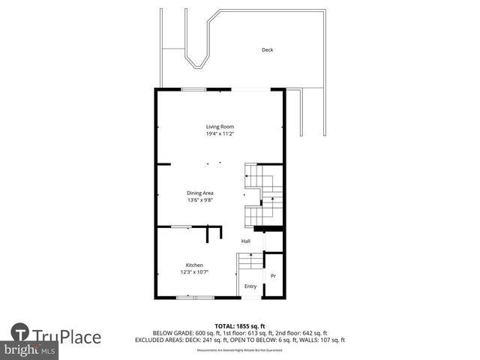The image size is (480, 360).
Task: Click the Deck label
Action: (x=267, y=50)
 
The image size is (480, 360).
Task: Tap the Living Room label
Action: (x=220, y=127)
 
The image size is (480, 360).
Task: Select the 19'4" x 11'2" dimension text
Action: (x=220, y=134)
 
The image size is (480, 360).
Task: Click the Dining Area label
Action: (x=200, y=193)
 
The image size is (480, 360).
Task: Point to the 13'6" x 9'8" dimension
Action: (x=200, y=201)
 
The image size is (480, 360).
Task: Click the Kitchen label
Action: (x=194, y=265)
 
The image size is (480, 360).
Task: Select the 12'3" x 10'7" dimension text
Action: (x=194, y=272)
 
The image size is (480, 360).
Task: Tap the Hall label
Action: (x=246, y=241)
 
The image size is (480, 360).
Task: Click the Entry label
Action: (x=250, y=286)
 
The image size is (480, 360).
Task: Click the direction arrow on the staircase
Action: (x=247, y=176)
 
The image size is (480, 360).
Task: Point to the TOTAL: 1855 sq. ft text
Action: (x=240, y=326)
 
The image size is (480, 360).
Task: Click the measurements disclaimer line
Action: (x=240, y=350)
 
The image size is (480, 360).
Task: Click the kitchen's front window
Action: (x=195, y=298)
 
